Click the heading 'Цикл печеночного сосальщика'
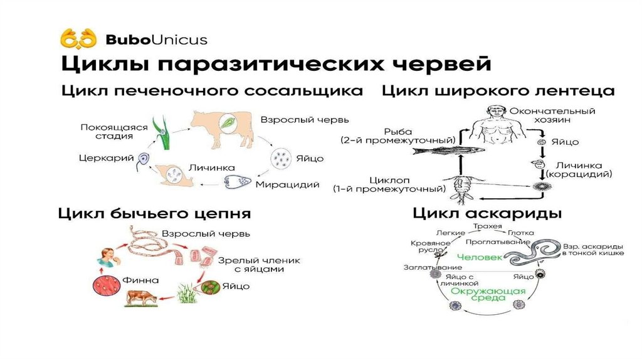pyautogui.click(x=212, y=91)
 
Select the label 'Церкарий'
pyautogui.click(x=106, y=159)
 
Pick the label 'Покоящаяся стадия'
pyautogui.click(x=113, y=131)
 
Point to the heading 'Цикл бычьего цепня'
pyautogui.click(x=155, y=214)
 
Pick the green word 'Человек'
pyautogui.click(x=479, y=257)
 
